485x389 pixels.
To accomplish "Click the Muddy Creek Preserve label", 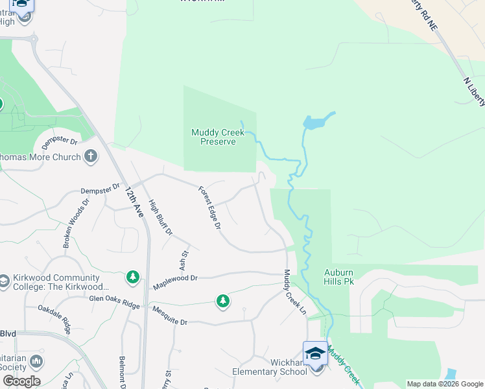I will [218, 137].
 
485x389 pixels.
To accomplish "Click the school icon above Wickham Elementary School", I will [315, 353].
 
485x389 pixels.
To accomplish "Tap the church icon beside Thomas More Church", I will [90, 156].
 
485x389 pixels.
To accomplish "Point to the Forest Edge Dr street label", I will [210, 207].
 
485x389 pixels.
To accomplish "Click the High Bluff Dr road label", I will [160, 217].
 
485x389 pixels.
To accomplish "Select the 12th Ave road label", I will [134, 202].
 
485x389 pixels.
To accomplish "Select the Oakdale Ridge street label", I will [54, 319].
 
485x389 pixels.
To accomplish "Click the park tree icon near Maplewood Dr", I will [133, 277].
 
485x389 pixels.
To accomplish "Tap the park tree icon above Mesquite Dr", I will [222, 301].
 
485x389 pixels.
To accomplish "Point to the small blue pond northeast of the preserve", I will [317, 121].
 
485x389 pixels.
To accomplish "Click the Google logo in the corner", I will [21, 381].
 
